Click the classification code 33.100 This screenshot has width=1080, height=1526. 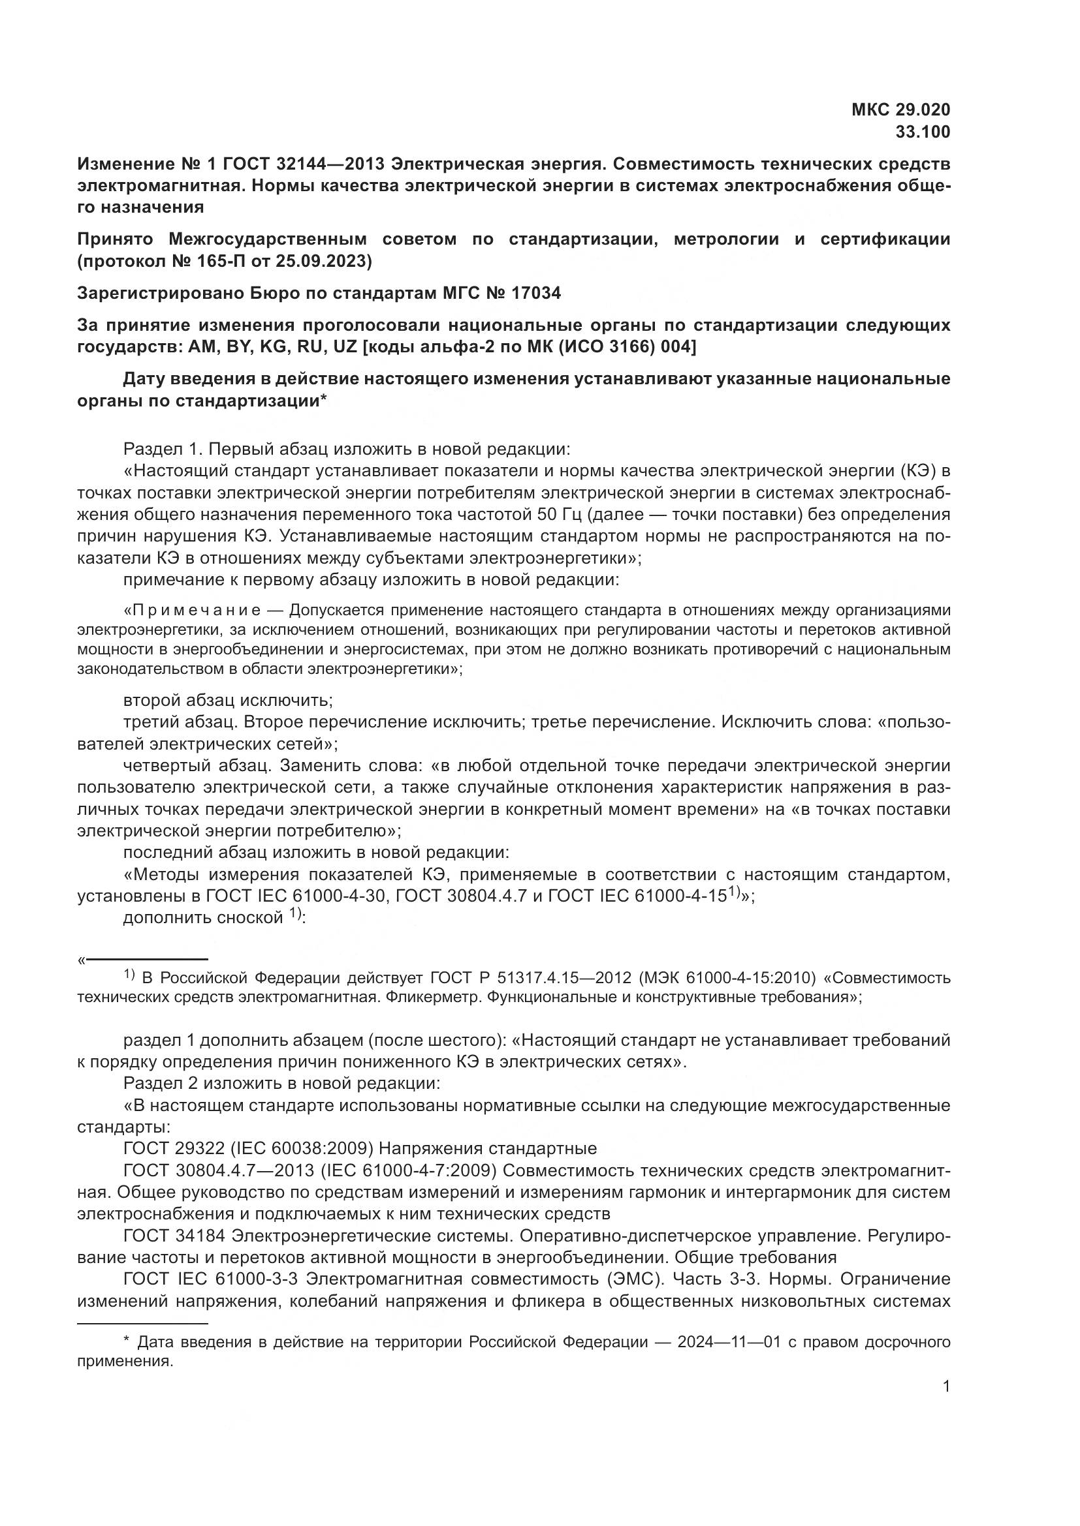pos(923,132)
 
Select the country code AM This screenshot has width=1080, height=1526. pos(201,347)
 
